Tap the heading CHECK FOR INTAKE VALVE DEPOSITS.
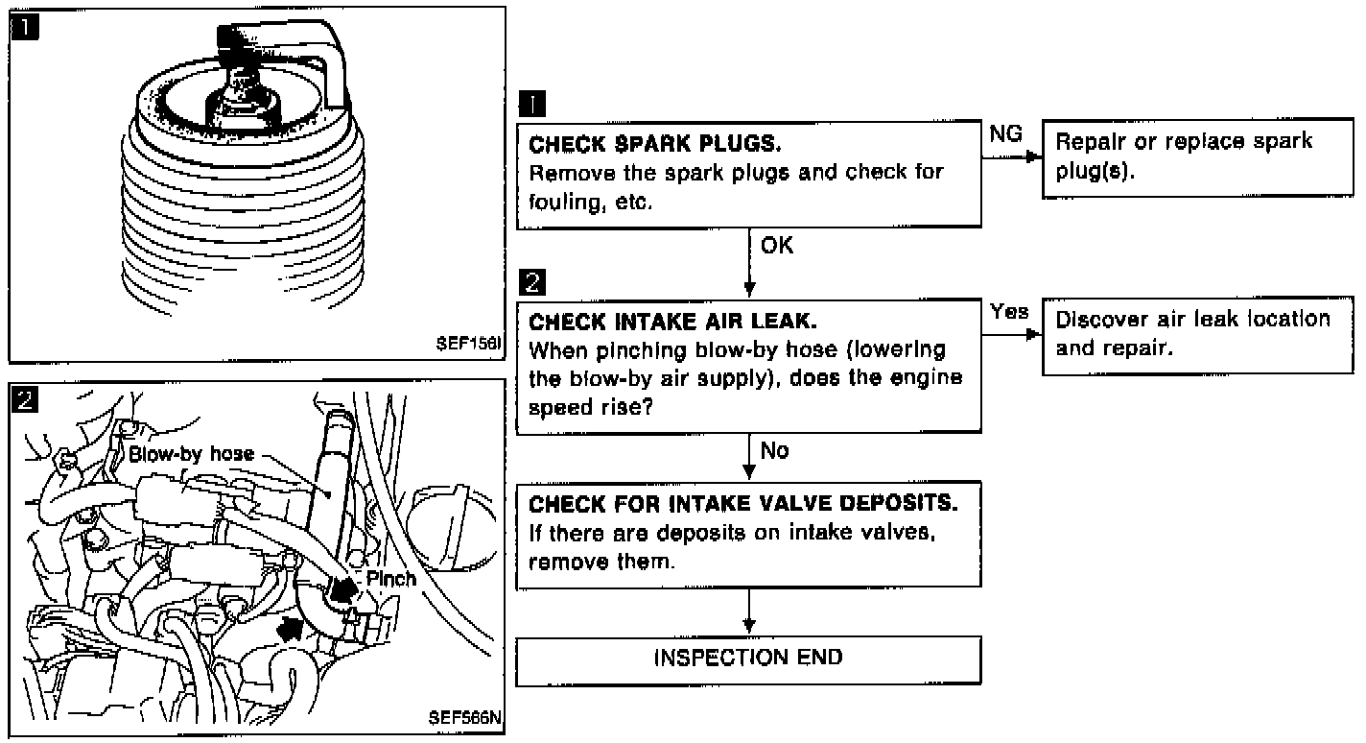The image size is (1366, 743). (743, 503)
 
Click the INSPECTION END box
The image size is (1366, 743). (748, 658)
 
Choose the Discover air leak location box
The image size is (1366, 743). (1197, 333)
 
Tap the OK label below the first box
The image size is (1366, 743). (777, 247)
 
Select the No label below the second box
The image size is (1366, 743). (774, 449)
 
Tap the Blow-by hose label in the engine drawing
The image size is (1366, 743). (192, 452)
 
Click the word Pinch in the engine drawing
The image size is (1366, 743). (391, 578)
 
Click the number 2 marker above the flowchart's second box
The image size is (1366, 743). (530, 283)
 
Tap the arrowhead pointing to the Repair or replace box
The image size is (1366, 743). (1033, 156)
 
